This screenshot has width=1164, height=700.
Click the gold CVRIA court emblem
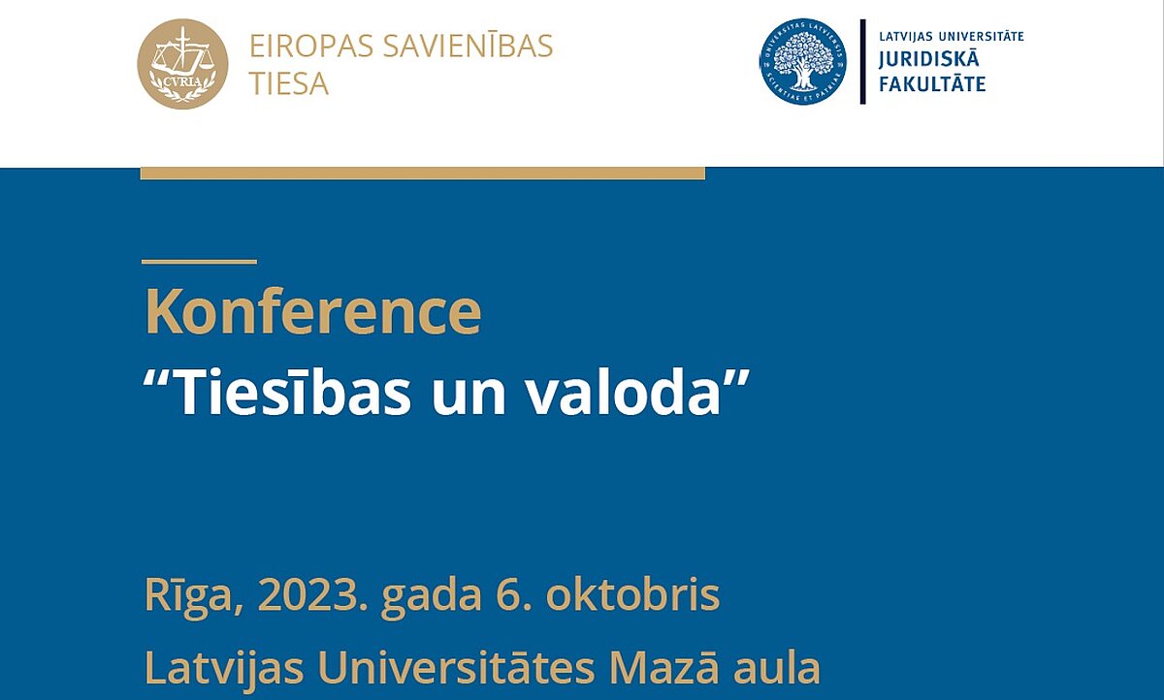tap(182, 64)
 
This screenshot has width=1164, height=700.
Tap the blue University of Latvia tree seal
tap(803, 62)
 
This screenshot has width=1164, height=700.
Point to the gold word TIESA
tap(289, 84)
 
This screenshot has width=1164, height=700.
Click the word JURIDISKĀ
tap(928, 58)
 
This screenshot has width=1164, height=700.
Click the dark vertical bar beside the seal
tap(863, 62)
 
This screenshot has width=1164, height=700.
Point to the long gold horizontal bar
tap(423, 174)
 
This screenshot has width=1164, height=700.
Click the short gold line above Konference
tap(200, 262)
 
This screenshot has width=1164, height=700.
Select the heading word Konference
tap(313, 311)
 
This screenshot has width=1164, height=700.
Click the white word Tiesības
tap(294, 391)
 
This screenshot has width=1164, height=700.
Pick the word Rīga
tap(193, 597)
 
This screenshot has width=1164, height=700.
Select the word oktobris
tap(632, 595)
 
